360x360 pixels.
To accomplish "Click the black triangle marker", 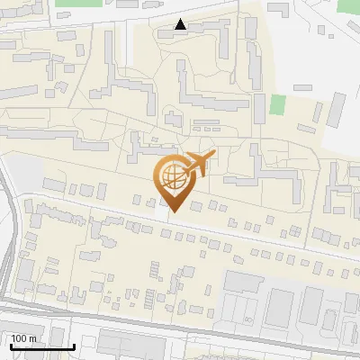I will click(181, 24).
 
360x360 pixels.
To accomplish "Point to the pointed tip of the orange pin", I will click(174, 212).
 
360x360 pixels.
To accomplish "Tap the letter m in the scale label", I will click(33, 338).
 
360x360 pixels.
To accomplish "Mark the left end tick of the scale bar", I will click(11, 346).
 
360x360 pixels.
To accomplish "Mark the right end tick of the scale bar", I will click(74, 346).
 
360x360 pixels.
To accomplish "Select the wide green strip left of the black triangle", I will click(78, 3).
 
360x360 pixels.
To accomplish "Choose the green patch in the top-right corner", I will click(348, 4).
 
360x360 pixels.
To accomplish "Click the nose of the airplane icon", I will click(213, 157).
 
